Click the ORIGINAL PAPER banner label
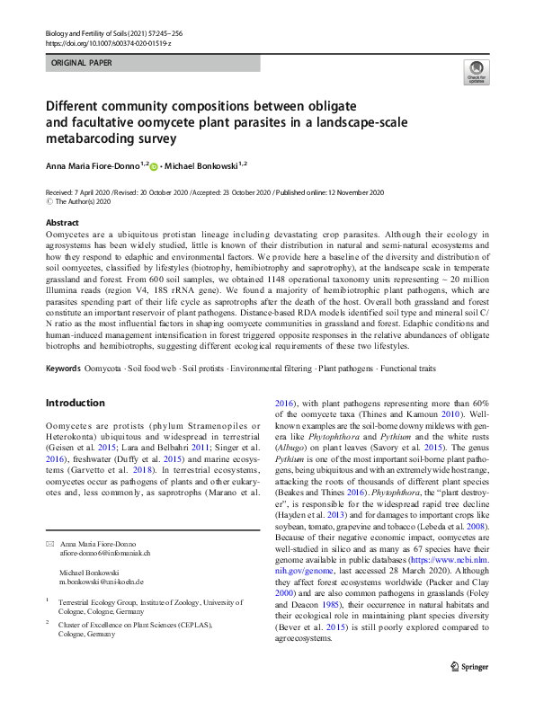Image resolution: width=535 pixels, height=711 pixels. tap(84, 65)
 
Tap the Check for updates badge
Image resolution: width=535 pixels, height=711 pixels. tap(475, 72)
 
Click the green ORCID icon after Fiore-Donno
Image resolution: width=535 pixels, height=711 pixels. tap(154, 166)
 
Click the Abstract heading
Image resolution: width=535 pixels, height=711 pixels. tap(62, 222)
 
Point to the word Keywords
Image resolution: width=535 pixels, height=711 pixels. tap(62, 369)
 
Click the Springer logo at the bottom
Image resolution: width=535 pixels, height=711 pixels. tap(469, 692)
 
